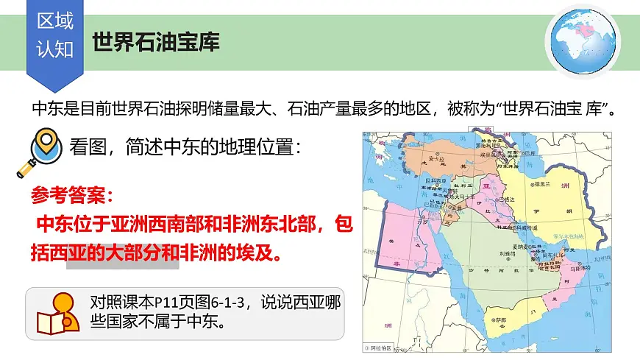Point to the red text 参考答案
pos(72,194)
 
